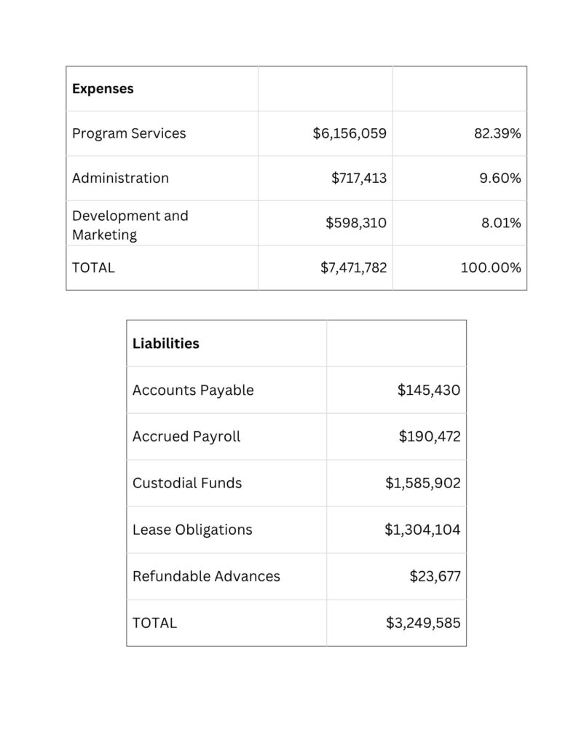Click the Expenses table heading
(x=103, y=89)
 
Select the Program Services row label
(x=129, y=133)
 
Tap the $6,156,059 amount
(x=350, y=133)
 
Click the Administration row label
(x=120, y=178)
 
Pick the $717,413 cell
(x=359, y=178)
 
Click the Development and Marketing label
(x=130, y=225)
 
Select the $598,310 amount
(x=356, y=223)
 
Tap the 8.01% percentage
(x=501, y=223)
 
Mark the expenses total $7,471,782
(x=353, y=267)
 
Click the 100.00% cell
(x=490, y=267)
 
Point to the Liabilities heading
(x=165, y=343)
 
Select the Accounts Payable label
(x=193, y=390)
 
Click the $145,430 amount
(x=428, y=390)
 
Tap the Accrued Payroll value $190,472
(x=429, y=436)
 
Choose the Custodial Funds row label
(x=187, y=483)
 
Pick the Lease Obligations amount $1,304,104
(x=422, y=530)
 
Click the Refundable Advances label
(x=206, y=576)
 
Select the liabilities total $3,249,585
(x=423, y=623)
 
